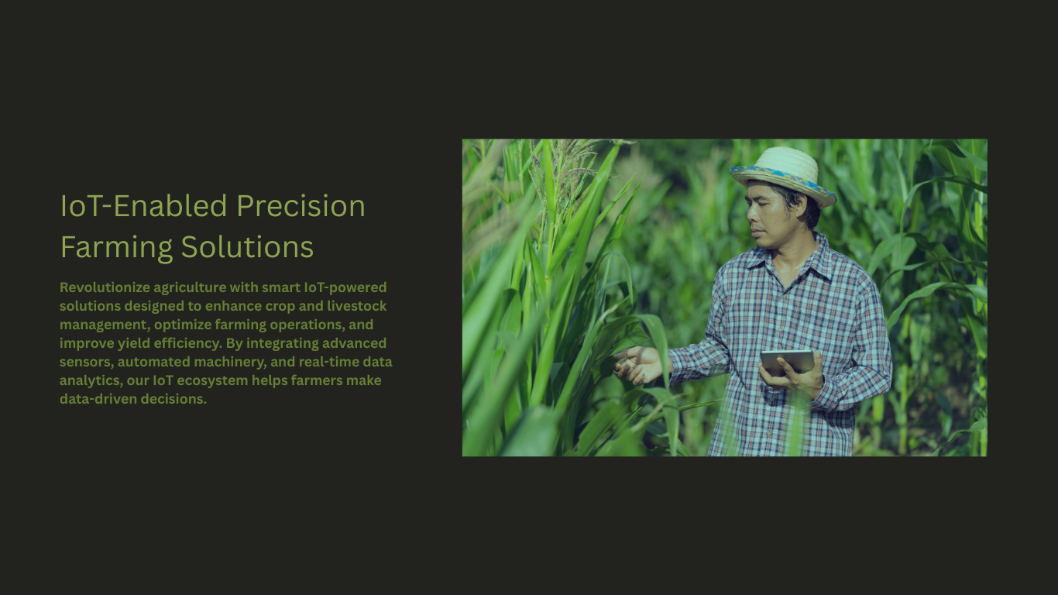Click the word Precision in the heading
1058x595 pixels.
click(x=301, y=207)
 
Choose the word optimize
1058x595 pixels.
click(x=183, y=325)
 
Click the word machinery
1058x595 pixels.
click(x=230, y=362)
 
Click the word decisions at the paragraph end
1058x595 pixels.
click(x=173, y=399)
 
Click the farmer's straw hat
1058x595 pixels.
click(x=782, y=175)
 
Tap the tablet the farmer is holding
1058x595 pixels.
click(x=788, y=363)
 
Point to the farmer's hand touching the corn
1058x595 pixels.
click(x=640, y=364)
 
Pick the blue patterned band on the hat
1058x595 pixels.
click(x=781, y=179)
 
